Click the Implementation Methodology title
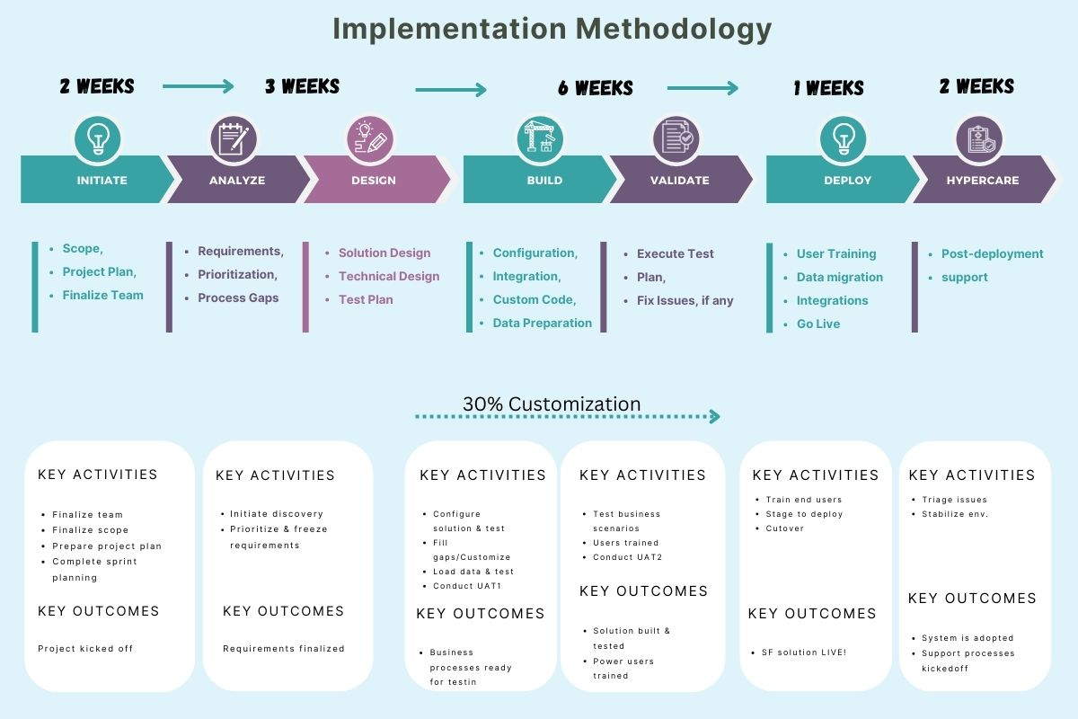click(x=552, y=30)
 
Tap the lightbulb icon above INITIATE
click(x=97, y=139)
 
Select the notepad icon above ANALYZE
click(x=234, y=139)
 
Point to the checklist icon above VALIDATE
click(x=676, y=139)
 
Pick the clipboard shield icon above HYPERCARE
click(x=979, y=139)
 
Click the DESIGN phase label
click(x=374, y=180)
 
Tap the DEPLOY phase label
click(x=847, y=180)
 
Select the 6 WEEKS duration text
click(x=595, y=88)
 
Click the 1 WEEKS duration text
click(x=828, y=88)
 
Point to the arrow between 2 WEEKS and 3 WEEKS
click(x=198, y=86)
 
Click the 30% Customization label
click(x=552, y=404)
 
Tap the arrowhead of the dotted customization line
click(x=714, y=416)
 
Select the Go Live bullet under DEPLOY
click(x=818, y=324)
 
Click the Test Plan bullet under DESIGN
click(x=366, y=299)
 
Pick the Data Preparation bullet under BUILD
click(x=542, y=323)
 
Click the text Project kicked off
click(x=85, y=648)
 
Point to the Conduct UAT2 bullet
click(x=626, y=557)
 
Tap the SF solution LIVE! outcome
click(x=805, y=652)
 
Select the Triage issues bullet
click(x=954, y=500)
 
